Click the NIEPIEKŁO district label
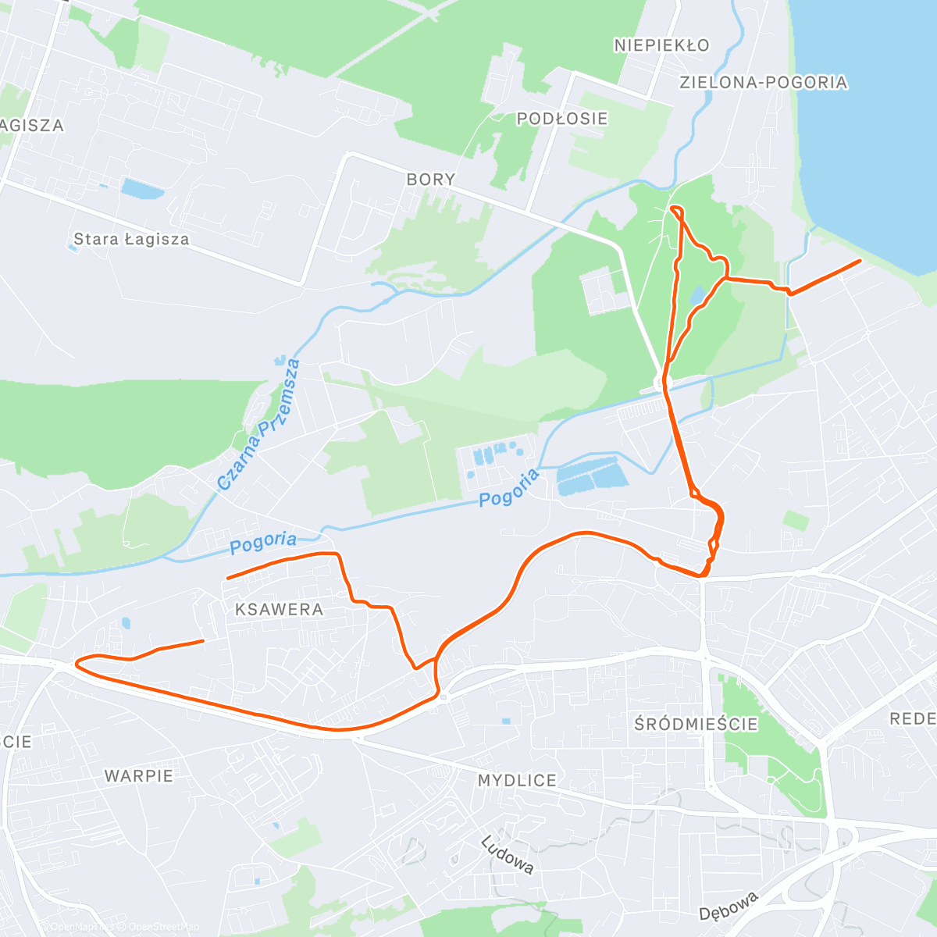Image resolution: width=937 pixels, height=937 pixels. point(661,45)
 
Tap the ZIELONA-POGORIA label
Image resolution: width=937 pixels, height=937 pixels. point(763,82)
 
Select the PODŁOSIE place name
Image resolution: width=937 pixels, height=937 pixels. point(562,119)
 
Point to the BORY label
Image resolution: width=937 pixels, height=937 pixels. point(431,179)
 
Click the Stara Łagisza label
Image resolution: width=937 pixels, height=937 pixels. point(131,239)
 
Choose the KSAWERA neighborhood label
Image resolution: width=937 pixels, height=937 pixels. point(279,609)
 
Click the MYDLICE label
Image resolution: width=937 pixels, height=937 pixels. point(517,780)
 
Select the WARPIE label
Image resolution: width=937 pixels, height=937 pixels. point(139,775)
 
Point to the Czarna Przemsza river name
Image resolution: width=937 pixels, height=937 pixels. point(258,425)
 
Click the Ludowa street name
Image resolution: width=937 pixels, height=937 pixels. point(508,855)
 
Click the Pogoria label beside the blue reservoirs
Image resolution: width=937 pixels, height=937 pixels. point(509,488)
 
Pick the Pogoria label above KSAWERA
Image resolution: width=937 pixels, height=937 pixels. point(263,542)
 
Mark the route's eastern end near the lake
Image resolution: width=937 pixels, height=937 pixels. point(860,261)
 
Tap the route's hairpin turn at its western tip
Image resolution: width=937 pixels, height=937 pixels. point(77,664)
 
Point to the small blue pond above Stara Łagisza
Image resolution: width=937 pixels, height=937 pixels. point(142,188)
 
